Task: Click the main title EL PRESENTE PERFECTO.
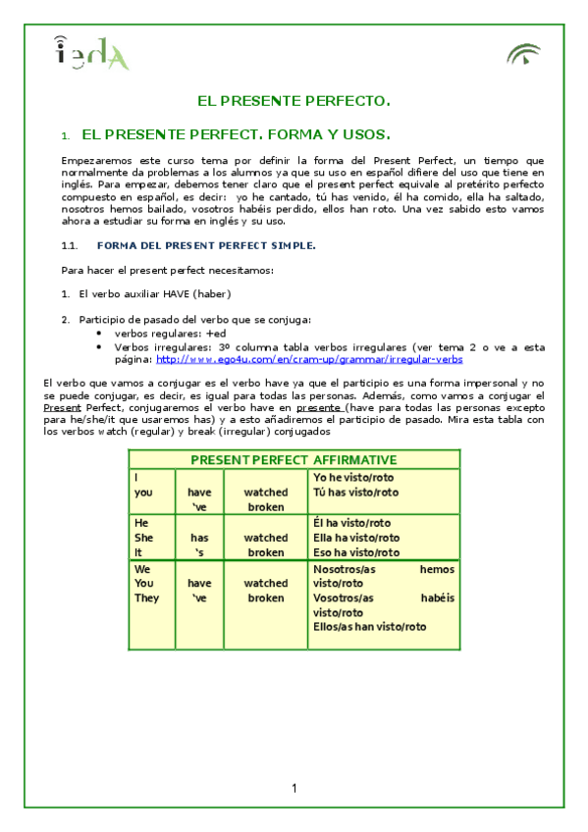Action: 294,101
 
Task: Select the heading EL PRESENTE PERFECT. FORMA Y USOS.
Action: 236,134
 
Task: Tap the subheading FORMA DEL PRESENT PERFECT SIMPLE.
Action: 206,245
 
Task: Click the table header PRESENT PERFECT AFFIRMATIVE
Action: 294,459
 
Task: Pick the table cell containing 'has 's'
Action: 199,545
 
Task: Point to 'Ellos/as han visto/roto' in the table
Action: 369,627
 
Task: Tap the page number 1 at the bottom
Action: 294,789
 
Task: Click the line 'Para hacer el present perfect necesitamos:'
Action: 167,270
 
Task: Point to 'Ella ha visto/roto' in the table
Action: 356,538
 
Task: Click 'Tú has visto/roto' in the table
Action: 355,492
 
